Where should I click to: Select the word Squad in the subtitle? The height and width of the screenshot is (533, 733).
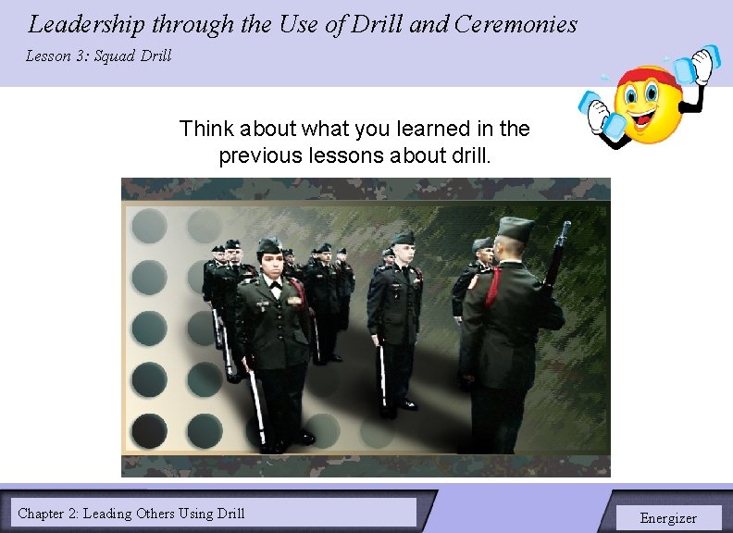pyautogui.click(x=112, y=56)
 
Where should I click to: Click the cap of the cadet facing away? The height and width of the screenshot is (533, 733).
pyautogui.click(x=516, y=228)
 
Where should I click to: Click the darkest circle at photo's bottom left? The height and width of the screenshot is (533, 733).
pyautogui.click(x=149, y=429)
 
